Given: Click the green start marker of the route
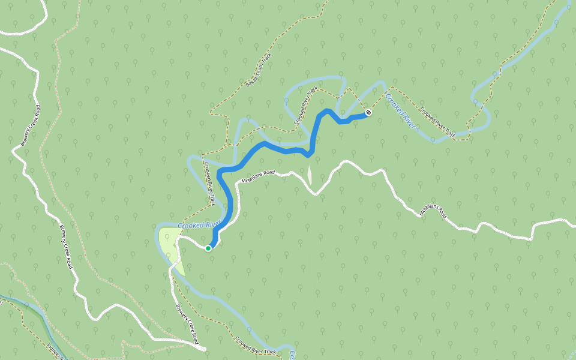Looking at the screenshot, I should click(208, 248).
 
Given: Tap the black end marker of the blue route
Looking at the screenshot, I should click(368, 112).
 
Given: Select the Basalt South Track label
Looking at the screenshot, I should click(259, 70).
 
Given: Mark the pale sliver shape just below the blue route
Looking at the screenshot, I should click(310, 175).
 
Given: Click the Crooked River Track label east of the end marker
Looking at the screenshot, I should click(437, 123).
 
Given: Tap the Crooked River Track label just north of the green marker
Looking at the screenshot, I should click(209, 183).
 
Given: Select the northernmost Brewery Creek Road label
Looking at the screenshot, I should click(29, 125).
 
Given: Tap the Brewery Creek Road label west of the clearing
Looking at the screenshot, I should click(65, 246).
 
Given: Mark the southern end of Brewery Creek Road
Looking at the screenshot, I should click(202, 347).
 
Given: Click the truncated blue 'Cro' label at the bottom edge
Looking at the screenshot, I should click(292, 354).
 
